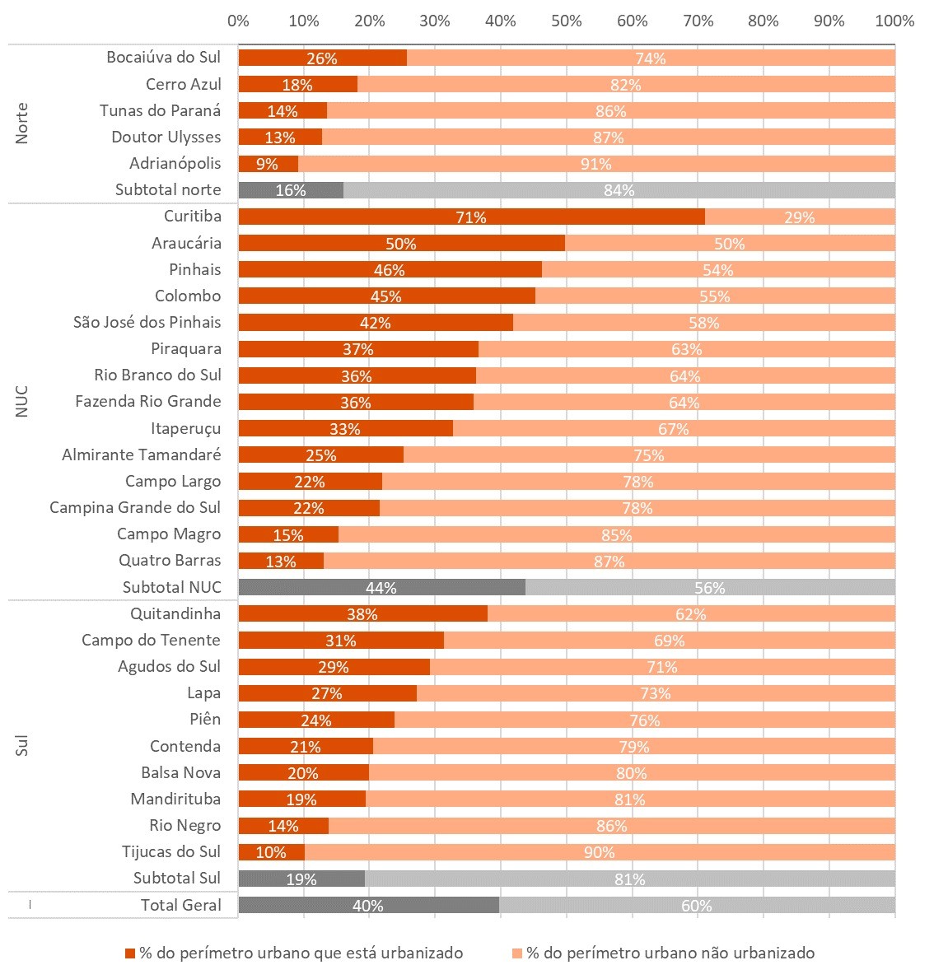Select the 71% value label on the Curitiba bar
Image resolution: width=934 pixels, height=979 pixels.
(471, 217)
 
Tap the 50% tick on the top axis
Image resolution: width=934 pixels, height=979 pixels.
(567, 21)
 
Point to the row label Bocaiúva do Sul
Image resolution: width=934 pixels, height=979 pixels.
(164, 58)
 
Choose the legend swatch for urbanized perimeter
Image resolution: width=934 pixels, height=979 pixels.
(129, 953)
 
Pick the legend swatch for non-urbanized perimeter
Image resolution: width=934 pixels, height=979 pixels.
(516, 953)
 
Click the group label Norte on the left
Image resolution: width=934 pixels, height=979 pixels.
(22, 123)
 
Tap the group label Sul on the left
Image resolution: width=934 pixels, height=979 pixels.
(22, 747)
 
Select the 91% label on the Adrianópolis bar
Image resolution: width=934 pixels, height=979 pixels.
(595, 164)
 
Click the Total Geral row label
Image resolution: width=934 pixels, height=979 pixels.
(181, 905)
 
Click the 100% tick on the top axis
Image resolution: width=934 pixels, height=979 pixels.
(894, 21)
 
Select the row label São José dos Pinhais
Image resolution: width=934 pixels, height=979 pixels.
(147, 322)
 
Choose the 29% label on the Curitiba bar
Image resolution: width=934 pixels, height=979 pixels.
(799, 217)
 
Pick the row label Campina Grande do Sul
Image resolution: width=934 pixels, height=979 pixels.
(135, 507)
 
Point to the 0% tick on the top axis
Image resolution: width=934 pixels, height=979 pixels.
(238, 21)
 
